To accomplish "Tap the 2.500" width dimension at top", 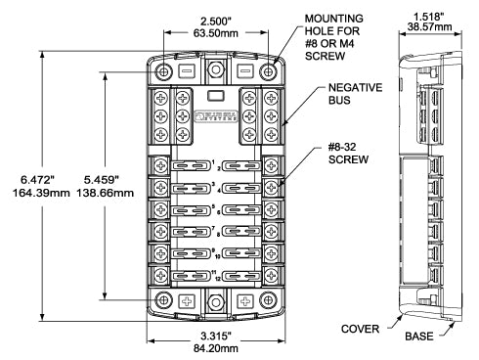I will pyautogui.click(x=214, y=20).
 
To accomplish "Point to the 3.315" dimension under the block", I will pyautogui.click(x=215, y=337).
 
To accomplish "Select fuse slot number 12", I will pyautogui.click(x=240, y=277).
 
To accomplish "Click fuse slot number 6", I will pyautogui.click(x=240, y=210).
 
